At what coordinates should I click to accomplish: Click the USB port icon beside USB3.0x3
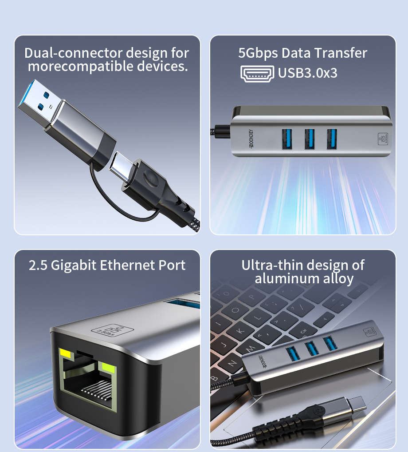pos(257,74)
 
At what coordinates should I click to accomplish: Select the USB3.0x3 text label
pos(307,73)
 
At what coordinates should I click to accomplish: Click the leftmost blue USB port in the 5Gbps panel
pos(287,139)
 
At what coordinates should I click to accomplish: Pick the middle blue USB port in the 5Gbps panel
pos(309,139)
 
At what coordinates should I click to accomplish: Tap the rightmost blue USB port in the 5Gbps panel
pos(332,139)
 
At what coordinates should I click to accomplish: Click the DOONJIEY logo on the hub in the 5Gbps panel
pos(251,139)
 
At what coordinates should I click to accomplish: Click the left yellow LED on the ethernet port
pos(65,353)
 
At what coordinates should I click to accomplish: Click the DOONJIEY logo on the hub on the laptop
pos(262,361)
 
